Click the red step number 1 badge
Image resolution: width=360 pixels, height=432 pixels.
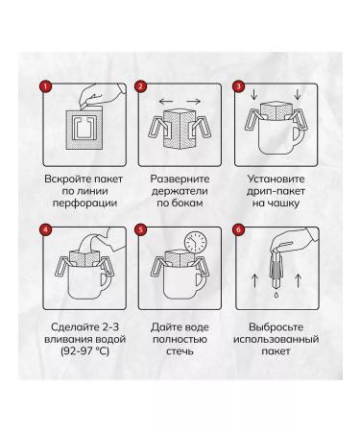tap(45, 86)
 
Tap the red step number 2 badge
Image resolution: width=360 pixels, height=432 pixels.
tap(140, 86)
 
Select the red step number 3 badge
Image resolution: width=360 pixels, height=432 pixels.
tap(238, 86)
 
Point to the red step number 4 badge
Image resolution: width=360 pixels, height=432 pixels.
tap(45, 229)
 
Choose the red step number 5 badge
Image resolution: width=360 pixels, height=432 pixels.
tap(140, 229)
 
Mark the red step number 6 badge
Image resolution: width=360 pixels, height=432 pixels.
tap(238, 229)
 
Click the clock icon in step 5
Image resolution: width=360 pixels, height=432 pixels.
tap(196, 242)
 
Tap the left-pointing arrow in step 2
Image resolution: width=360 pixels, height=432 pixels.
tap(166, 102)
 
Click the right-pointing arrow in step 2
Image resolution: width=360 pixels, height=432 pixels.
tap(194, 102)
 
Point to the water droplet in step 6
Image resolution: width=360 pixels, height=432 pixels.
tap(276, 295)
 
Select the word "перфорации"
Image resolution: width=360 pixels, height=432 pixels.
tap(84, 203)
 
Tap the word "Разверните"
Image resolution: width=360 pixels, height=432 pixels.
tap(180, 179)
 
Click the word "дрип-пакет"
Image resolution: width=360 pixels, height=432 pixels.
tap(276, 191)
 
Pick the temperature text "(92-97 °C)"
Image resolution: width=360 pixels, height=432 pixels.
tap(84, 351)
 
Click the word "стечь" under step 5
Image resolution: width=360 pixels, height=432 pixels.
tap(180, 351)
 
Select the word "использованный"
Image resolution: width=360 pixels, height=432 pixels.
tap(276, 339)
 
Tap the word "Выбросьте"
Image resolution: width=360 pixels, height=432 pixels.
tap(276, 327)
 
